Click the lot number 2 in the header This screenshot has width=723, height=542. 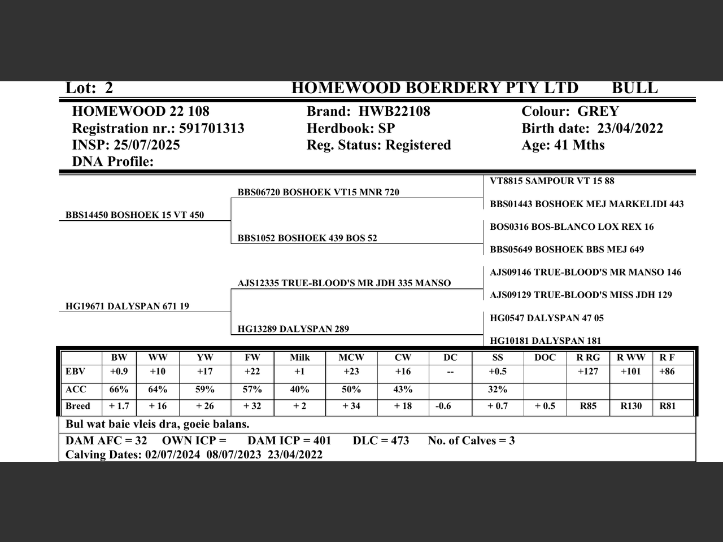[108, 88]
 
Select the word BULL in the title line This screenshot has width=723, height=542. [634, 88]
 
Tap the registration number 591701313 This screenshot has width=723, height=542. [211, 128]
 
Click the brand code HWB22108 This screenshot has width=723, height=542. [394, 111]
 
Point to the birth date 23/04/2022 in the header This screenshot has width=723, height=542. [630, 128]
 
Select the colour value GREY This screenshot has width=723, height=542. [598, 111]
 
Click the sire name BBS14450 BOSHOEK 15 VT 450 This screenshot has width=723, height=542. [134, 215]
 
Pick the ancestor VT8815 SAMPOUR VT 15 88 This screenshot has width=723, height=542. [552, 181]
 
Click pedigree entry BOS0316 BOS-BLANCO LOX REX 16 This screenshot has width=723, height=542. [572, 227]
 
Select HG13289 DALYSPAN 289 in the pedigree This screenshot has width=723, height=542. [293, 329]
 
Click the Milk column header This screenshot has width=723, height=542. [300, 357]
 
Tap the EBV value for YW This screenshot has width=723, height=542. [205, 371]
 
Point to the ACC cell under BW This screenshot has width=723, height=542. [119, 390]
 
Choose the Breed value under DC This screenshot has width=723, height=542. [443, 406]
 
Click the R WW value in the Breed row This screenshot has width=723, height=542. [631, 406]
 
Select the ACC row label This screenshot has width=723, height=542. [76, 390]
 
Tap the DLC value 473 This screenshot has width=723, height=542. [398, 440]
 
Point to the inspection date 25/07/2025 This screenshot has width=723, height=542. [147, 145]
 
